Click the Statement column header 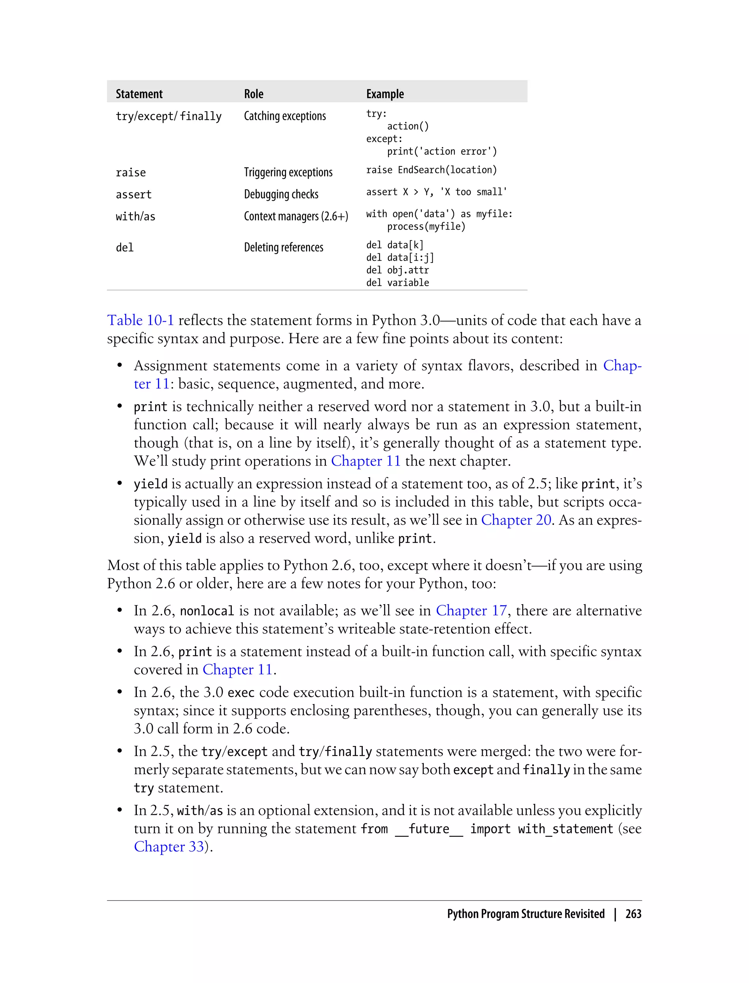click(x=139, y=94)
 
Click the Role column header click(x=254, y=94)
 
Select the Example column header click(x=385, y=94)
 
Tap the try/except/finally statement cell click(x=169, y=116)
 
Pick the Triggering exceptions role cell click(x=288, y=173)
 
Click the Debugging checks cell click(x=281, y=195)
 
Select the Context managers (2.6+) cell click(x=296, y=216)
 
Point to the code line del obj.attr click(x=397, y=270)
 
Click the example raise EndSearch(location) click(x=431, y=170)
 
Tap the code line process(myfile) click(x=426, y=226)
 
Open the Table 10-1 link click(x=140, y=320)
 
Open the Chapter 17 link click(x=471, y=610)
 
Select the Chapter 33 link click(x=169, y=847)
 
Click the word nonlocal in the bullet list click(x=207, y=611)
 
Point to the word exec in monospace click(x=241, y=692)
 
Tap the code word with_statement click(x=565, y=829)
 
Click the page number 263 click(x=633, y=914)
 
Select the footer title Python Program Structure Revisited click(x=526, y=914)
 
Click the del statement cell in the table click(x=125, y=248)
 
